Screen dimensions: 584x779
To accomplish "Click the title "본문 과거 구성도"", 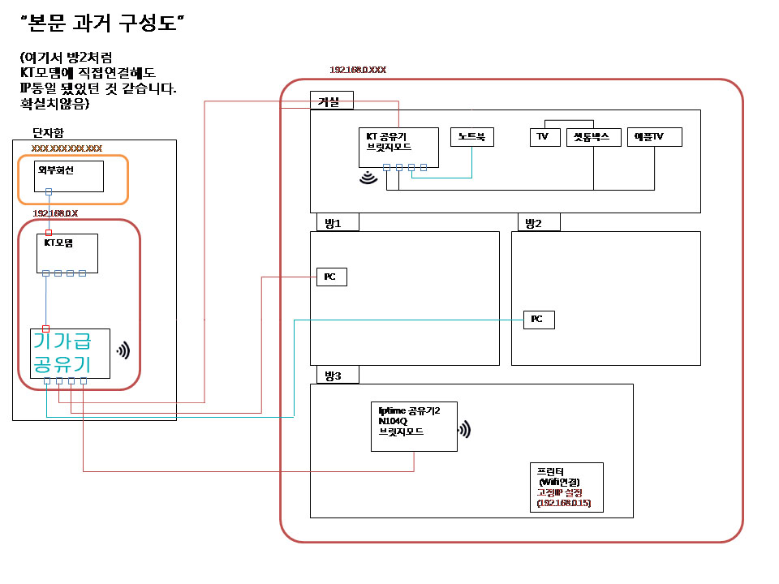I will coord(103,24).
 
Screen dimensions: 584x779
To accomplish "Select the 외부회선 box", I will coord(69,176).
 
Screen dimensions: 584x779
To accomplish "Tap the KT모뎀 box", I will coord(68,253).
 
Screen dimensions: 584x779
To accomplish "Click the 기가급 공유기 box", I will coord(70,353).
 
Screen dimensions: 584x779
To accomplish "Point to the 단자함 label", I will coord(47,131).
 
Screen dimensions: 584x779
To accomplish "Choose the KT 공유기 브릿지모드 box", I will coord(398,148).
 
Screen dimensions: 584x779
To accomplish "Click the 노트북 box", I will coord(472,137).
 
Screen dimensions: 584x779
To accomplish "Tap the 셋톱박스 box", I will coord(592,137).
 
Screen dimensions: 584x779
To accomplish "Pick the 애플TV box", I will coord(654,137).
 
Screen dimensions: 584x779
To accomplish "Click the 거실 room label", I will coord(331,101).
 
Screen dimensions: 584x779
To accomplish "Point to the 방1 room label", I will coord(334,222).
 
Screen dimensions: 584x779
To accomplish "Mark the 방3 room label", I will coord(334,375).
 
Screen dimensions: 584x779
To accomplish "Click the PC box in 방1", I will coord(331,277).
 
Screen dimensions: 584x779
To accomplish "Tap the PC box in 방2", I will coord(539,320).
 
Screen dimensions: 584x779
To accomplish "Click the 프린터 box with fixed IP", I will coord(566,487).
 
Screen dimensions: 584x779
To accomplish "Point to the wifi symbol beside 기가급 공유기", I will coord(123,351).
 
